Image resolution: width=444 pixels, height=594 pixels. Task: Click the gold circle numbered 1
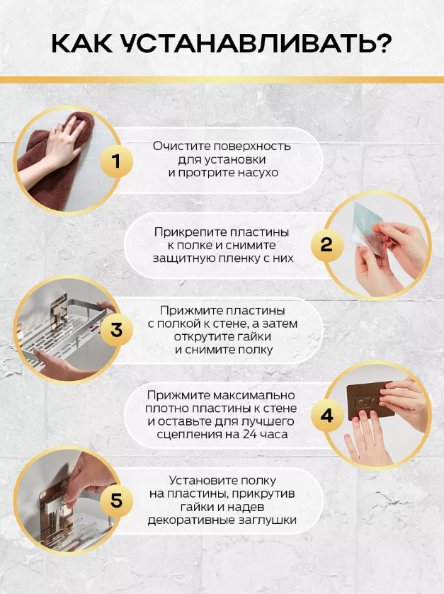tap(116, 161)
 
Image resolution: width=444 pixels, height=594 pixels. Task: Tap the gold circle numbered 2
tap(327, 245)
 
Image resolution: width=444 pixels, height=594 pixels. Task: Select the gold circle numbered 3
tap(116, 330)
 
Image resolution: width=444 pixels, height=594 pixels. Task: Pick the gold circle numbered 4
tap(327, 416)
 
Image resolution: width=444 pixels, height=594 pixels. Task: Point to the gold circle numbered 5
tap(116, 500)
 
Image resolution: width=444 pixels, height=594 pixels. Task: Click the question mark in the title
tap(382, 43)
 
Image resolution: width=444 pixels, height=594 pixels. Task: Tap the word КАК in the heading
tap(82, 44)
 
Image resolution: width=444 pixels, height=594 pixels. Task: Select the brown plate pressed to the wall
tap(370, 400)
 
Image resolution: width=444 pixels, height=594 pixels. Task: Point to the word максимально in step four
tap(254, 395)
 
